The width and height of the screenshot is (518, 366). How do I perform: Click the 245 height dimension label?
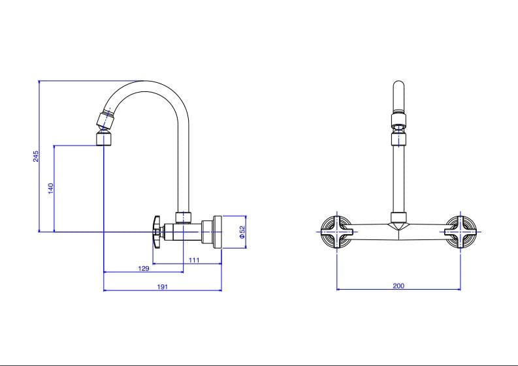point(37,156)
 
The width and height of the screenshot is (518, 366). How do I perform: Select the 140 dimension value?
point(50,189)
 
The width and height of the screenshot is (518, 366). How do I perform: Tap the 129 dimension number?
point(144,268)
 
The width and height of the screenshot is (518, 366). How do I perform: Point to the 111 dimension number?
point(194,260)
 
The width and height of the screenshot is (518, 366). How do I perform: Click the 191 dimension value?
point(163,287)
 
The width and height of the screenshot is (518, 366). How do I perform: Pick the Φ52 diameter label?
point(242,232)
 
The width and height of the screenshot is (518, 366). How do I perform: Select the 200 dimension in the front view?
point(398,286)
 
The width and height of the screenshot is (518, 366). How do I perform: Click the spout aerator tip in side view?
point(104,139)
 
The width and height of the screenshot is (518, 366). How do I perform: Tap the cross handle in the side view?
point(157,232)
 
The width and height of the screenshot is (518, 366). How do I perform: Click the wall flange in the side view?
point(217,232)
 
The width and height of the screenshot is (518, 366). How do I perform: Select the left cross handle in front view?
point(337,232)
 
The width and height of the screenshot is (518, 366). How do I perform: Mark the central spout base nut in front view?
point(398,219)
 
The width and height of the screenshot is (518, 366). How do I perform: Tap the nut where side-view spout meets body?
point(184,217)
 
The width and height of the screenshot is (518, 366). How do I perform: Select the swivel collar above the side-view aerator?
point(105,119)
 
